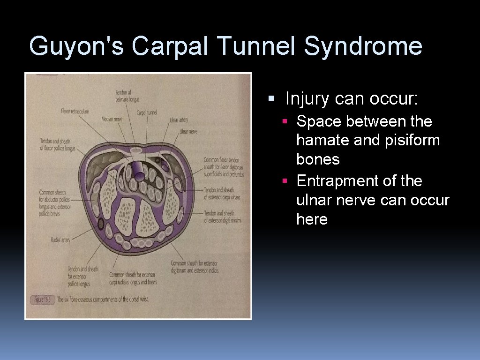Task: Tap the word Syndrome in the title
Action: [x=363, y=46]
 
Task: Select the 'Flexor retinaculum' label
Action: [x=75, y=111]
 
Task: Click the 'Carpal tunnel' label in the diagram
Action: [x=147, y=112]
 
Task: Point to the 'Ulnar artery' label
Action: [x=179, y=120]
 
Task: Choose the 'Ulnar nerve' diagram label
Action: [x=188, y=132]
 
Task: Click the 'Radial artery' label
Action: [x=60, y=240]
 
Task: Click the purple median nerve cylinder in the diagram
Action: [x=138, y=169]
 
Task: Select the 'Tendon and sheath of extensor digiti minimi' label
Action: [x=222, y=217]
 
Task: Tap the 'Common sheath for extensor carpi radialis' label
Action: [x=133, y=278]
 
